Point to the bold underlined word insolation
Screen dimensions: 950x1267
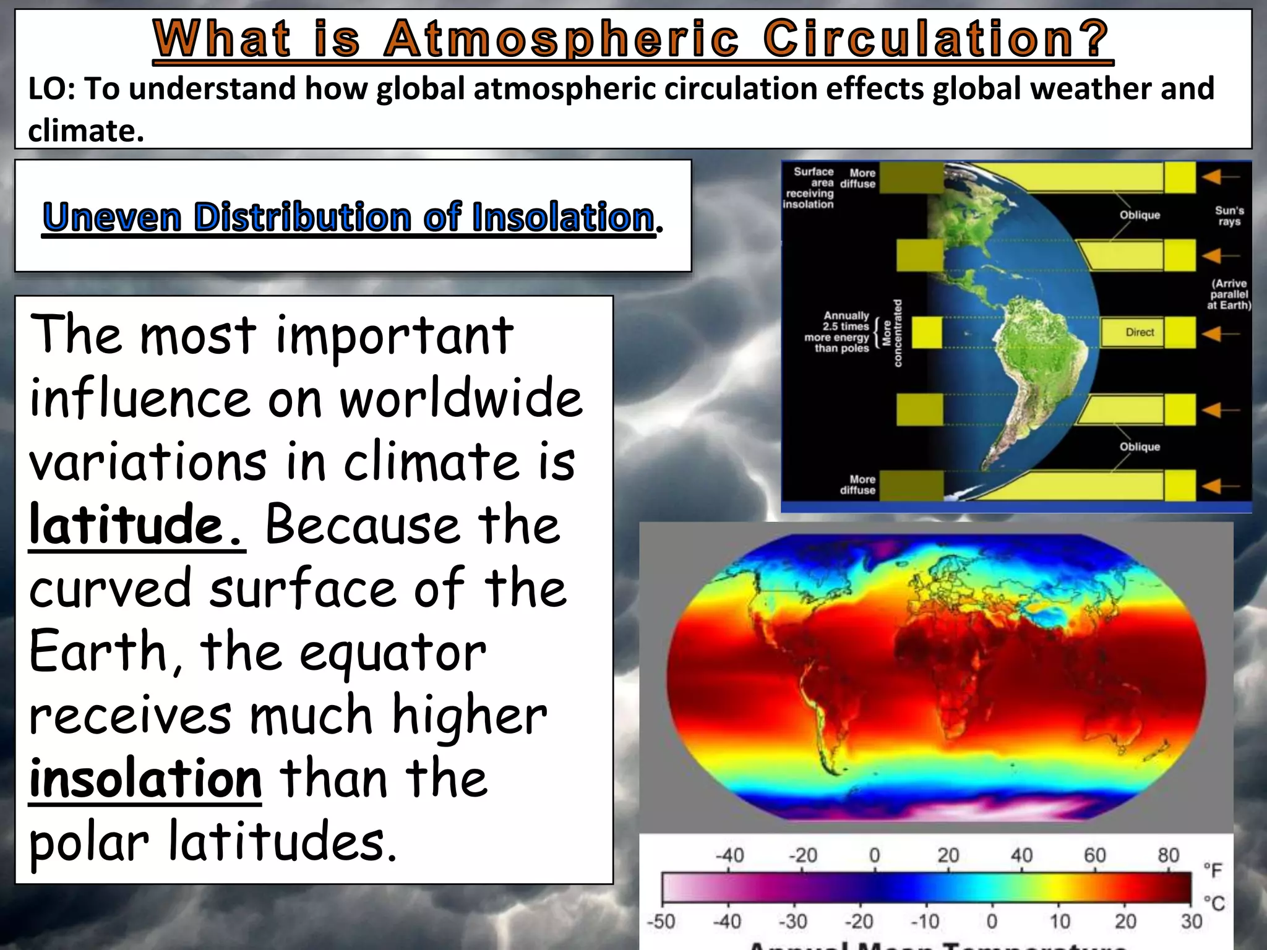(145, 779)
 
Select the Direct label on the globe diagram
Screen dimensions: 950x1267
(1140, 333)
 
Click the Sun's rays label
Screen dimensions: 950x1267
(1229, 216)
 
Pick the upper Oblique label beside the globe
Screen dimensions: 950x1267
(1140, 215)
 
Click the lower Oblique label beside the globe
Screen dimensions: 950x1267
(1140, 447)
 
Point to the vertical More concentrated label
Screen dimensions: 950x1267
(892, 333)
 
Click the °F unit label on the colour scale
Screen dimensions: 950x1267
(1213, 870)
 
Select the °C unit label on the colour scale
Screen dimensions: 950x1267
(1213, 904)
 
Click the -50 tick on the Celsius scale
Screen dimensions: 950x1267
(661, 922)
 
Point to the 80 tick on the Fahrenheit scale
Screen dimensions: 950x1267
(1168, 855)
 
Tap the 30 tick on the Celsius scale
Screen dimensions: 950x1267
(1192, 922)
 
